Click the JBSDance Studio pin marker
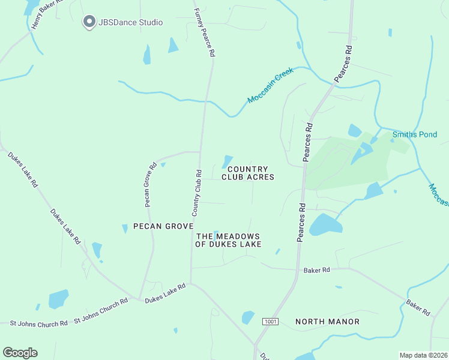[x=89, y=22]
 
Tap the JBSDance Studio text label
[x=130, y=23]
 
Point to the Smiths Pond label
[x=415, y=134]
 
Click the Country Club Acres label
[x=248, y=173]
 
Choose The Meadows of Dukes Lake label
[x=228, y=240]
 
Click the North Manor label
[x=327, y=322]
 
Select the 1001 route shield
[x=270, y=322]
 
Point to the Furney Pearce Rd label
[x=203, y=32]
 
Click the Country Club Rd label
[x=196, y=192]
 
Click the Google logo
[x=20, y=353]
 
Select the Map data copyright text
[x=423, y=355]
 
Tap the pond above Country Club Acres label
[x=227, y=161]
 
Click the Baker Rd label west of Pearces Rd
[x=316, y=270]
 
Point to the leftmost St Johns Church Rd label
[x=38, y=323]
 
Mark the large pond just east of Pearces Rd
[x=325, y=225]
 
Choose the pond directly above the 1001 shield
[x=247, y=317]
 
